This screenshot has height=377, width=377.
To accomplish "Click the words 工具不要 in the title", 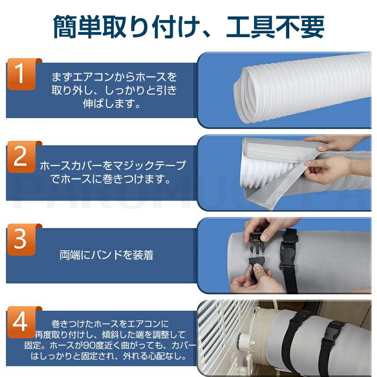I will (x=275, y=27).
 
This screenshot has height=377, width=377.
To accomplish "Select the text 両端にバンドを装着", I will (x=106, y=255).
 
